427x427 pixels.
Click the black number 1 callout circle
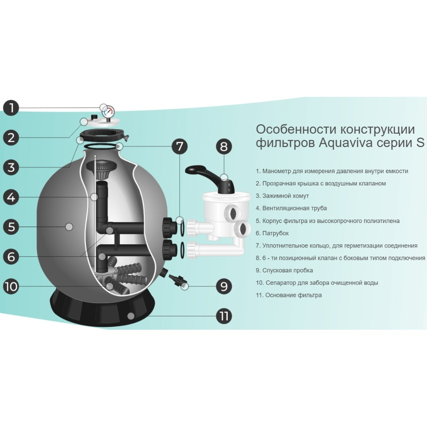pyautogui.click(x=11, y=108)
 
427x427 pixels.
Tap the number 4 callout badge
pyautogui.click(x=11, y=197)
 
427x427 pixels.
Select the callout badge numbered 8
pyautogui.click(x=224, y=146)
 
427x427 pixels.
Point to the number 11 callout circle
pyautogui.click(x=224, y=316)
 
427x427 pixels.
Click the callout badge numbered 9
pyautogui.click(x=224, y=286)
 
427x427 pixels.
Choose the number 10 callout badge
pyautogui.click(x=11, y=286)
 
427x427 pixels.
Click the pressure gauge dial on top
pyautogui.click(x=108, y=111)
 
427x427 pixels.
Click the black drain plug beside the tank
pyautogui.click(x=176, y=279)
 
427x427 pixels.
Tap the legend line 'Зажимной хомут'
pyautogui.click(x=282, y=196)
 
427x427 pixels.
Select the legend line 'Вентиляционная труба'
pyautogui.click(x=291, y=208)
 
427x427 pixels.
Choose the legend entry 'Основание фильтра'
pyautogui.click(x=289, y=295)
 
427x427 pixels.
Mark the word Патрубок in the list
pyautogui.click(x=276, y=233)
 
